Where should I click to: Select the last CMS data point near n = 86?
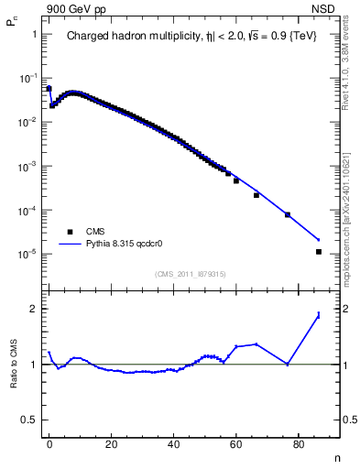(x=318, y=251)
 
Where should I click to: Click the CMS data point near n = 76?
(x=288, y=214)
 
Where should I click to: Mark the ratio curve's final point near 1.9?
(x=318, y=314)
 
